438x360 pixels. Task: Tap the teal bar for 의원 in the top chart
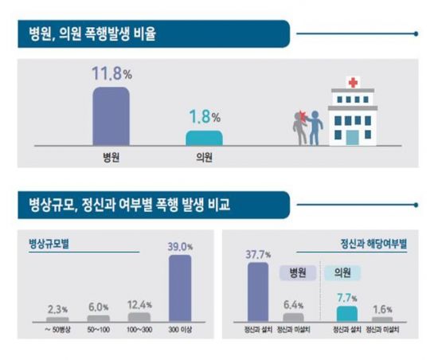203,137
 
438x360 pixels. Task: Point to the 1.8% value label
204,118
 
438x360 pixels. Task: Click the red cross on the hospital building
353,83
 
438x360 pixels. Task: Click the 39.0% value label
180,248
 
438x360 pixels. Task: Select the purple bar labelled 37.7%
258,292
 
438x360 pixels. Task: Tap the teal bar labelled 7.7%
347,312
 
